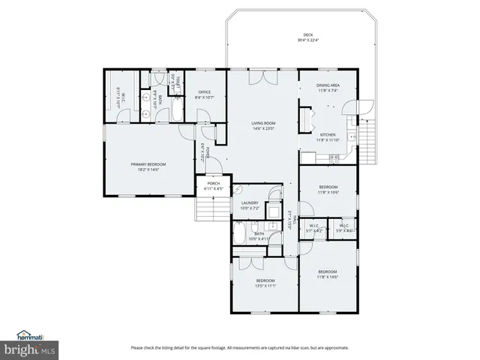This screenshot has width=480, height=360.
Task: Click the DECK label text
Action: coord(307,35)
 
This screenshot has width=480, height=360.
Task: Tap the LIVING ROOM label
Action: coord(263,123)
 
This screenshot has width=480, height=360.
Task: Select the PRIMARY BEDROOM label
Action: coord(148,164)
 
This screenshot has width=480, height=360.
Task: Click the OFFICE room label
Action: coord(205,92)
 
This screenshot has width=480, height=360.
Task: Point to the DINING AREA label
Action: coord(329,85)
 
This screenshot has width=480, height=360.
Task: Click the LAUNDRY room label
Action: coord(250,202)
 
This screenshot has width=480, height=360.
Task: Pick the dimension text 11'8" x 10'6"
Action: coord(328,192)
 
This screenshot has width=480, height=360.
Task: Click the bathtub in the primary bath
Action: coord(174,112)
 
